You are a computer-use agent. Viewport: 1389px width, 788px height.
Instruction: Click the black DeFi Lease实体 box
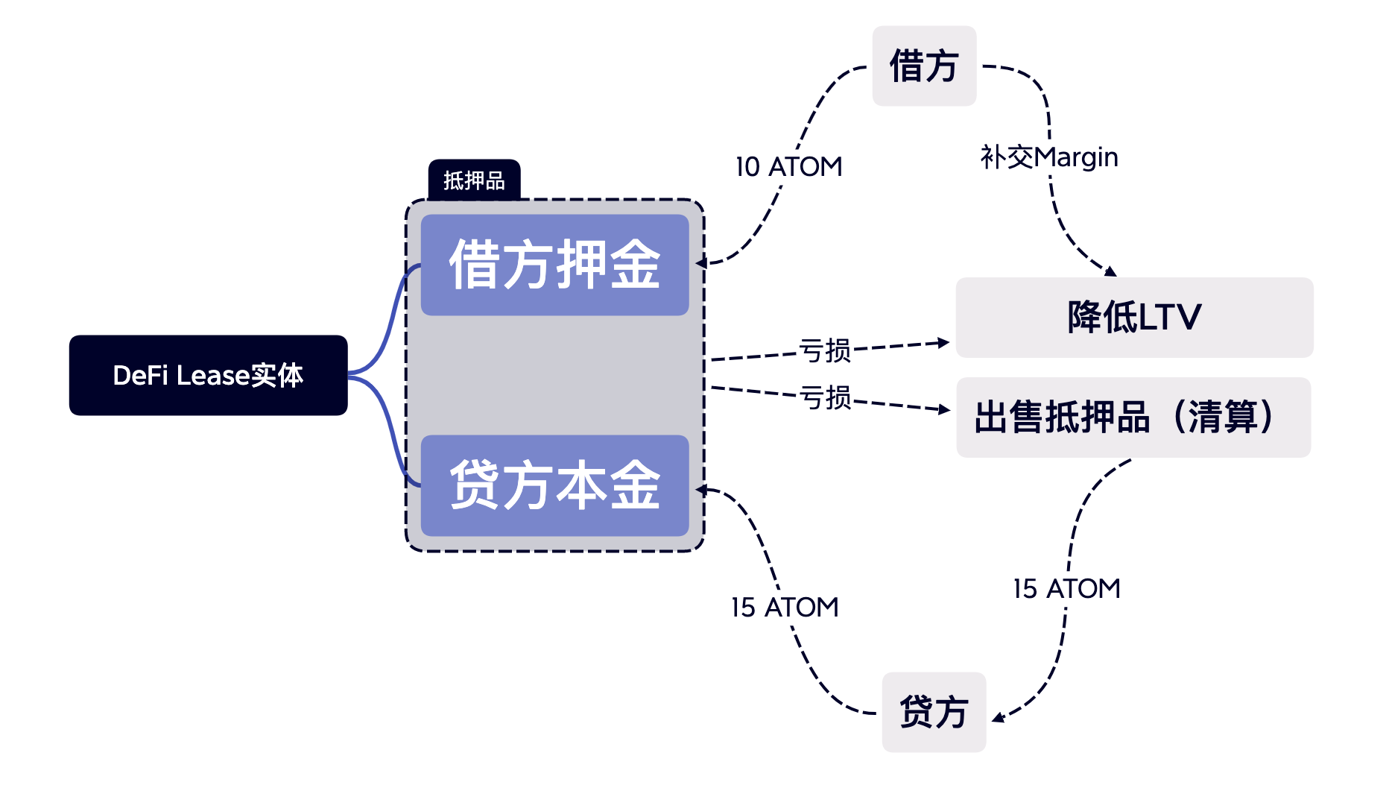[208, 375]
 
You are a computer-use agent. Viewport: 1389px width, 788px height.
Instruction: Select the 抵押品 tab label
[474, 180]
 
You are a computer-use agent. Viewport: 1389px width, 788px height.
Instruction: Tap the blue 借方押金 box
[554, 265]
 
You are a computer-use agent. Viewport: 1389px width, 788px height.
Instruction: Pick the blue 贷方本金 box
[554, 485]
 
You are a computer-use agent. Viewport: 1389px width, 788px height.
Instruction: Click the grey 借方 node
[924, 66]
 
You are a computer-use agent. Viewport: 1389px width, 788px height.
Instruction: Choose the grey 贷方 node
[934, 712]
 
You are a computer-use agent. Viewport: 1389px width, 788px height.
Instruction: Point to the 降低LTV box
[1134, 317]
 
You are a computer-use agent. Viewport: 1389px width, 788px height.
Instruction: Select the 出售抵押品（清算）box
[1133, 417]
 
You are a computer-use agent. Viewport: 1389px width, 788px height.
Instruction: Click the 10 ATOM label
[788, 166]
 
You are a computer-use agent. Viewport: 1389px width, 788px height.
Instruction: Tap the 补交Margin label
[1049, 157]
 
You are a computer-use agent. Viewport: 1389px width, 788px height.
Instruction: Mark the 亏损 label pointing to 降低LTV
[825, 350]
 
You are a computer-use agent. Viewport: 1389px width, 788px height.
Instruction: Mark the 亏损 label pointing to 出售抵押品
[826, 397]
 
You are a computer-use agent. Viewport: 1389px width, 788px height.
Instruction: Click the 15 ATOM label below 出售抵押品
[1066, 588]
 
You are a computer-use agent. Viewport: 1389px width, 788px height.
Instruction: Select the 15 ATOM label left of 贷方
[785, 607]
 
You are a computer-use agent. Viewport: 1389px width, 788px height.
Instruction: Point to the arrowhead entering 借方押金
[701, 263]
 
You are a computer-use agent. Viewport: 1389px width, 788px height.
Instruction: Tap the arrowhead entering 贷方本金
[701, 489]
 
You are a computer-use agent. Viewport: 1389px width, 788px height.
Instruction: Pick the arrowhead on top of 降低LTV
[1110, 271]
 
